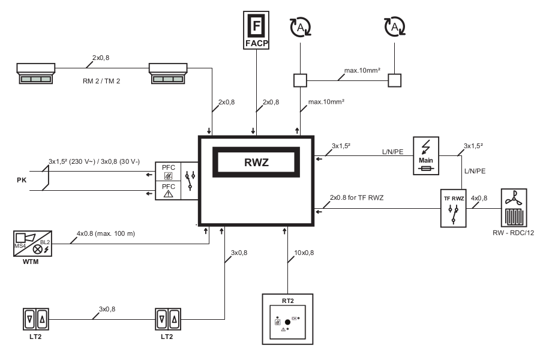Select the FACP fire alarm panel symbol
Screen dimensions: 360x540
coord(256,29)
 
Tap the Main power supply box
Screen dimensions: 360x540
coord(426,155)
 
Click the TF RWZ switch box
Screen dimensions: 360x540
coord(454,207)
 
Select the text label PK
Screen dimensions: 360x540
coord(22,179)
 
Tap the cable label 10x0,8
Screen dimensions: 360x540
coord(304,253)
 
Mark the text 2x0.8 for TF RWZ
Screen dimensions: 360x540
coord(356,197)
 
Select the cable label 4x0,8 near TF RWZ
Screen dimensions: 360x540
coord(479,197)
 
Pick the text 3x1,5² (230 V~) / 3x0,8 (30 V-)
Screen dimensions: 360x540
coord(94,161)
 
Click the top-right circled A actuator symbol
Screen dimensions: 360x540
coord(394,26)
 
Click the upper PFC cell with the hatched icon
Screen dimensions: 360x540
coord(167,173)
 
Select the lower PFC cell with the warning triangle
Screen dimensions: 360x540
coord(167,190)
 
